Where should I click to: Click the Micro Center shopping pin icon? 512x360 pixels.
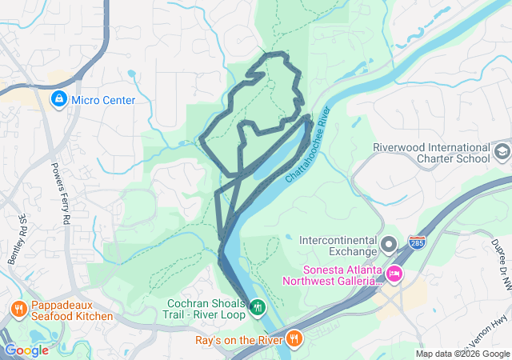tap(58, 100)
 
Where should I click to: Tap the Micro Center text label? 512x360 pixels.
tap(103, 100)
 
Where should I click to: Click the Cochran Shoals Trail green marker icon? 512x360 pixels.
tap(257, 307)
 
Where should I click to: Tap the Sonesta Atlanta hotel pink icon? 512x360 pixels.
tap(394, 275)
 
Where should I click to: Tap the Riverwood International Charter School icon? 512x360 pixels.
tap(502, 152)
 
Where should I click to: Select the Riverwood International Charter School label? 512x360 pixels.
tap(432, 153)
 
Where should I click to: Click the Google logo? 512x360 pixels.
tap(26, 350)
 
